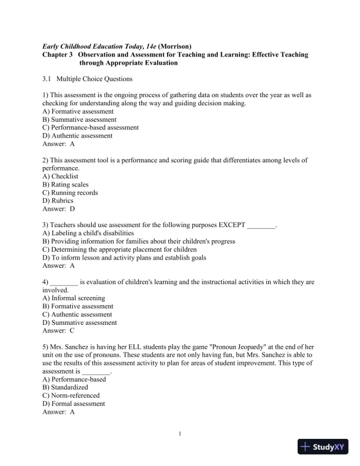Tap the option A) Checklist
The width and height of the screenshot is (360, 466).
[x=61, y=176]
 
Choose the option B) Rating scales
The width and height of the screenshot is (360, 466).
[x=66, y=184]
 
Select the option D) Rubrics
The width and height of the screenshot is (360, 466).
[x=58, y=201]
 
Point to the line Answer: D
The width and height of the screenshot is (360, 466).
[x=59, y=209]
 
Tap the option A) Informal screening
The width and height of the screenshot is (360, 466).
[x=74, y=298]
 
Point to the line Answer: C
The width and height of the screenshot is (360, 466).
[x=59, y=331]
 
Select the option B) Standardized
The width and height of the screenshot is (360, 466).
[x=65, y=388]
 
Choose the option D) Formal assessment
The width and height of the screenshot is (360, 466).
[x=74, y=404]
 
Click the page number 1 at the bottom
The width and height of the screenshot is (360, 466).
[x=180, y=434]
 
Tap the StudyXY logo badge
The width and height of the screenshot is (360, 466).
[x=323, y=447]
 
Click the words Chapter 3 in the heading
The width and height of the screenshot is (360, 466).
[x=58, y=54]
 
